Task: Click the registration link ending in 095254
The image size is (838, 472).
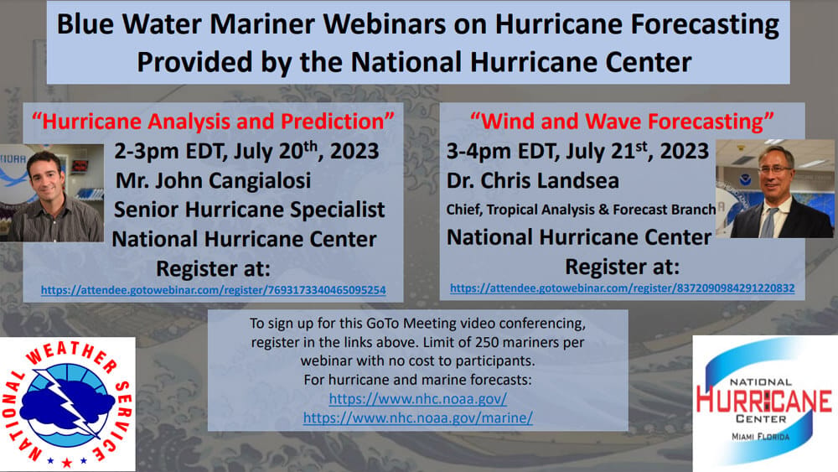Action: click(213, 290)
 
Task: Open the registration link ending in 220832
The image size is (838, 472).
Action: click(622, 288)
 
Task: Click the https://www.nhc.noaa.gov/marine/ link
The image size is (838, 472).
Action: click(418, 418)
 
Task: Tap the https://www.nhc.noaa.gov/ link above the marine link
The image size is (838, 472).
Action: click(418, 398)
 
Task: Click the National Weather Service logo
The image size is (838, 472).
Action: click(67, 404)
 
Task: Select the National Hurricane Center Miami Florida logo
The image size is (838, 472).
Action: click(765, 403)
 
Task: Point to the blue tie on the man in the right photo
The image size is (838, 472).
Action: click(768, 222)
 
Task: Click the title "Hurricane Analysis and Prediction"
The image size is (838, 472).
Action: click(213, 122)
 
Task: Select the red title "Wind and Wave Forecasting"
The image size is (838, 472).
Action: click(622, 122)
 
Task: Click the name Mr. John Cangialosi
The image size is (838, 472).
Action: click(213, 181)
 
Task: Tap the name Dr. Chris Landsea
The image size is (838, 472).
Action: click(533, 181)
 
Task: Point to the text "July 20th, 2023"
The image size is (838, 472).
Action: click(306, 151)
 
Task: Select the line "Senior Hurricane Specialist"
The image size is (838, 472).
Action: click(249, 210)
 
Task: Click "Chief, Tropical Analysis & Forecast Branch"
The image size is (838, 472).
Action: click(581, 210)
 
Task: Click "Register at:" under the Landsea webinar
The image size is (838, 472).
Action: click(622, 267)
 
